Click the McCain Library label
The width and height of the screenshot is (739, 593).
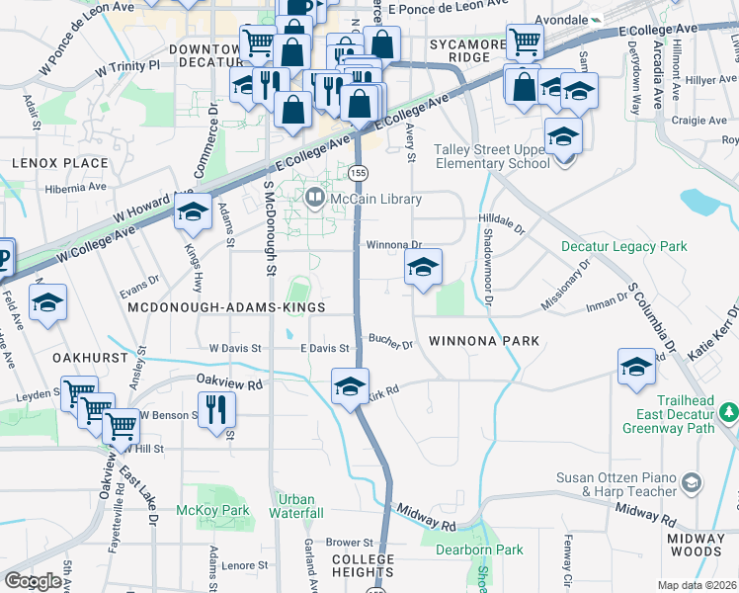coord(375,199)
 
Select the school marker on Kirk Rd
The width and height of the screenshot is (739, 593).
coord(350,386)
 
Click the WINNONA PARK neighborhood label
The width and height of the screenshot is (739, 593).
coord(484,341)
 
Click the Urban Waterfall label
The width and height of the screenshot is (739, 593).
coord(297,506)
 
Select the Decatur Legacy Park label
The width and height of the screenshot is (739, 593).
coord(623,245)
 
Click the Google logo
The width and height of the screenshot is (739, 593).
coord(33,580)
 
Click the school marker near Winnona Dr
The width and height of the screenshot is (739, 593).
coord(423,267)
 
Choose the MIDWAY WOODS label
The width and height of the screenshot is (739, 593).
coord(695,545)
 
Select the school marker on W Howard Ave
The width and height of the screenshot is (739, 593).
coord(193,212)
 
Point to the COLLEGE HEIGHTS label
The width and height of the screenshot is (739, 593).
coord(362,565)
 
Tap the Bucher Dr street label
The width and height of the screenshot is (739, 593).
coord(390,343)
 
